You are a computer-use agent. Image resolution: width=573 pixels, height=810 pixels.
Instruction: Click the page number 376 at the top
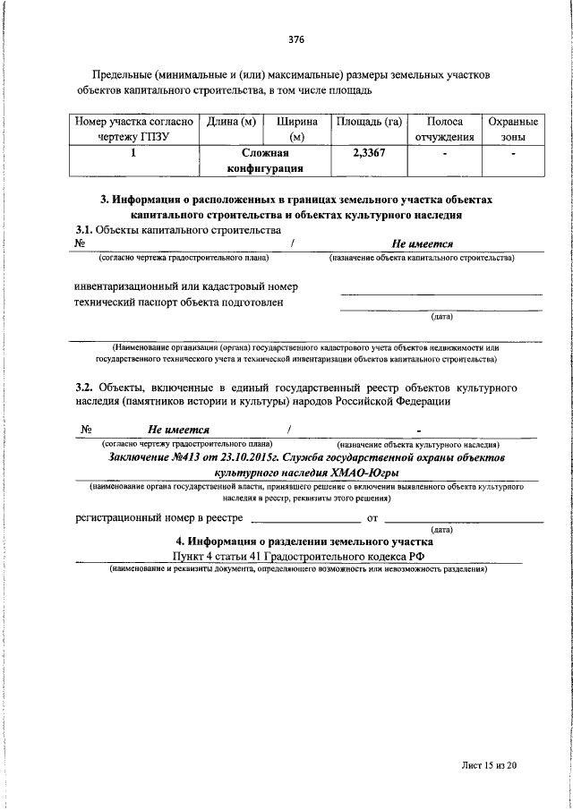click(296, 39)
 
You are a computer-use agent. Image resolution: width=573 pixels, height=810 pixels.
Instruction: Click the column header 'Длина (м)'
click(231, 122)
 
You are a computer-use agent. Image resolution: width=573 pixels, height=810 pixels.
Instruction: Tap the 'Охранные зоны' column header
click(513, 129)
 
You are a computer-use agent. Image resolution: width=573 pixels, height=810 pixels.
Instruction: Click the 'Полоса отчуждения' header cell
click(444, 129)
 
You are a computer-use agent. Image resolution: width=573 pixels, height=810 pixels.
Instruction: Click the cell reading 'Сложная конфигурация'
click(264, 160)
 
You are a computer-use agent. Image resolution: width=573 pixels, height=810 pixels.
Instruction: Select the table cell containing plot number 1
click(133, 153)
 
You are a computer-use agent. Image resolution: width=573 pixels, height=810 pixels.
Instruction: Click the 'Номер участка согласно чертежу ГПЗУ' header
click(133, 129)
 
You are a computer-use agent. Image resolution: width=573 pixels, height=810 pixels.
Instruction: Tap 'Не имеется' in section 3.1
click(423, 243)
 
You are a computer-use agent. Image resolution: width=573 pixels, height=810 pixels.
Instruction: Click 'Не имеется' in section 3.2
click(178, 430)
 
